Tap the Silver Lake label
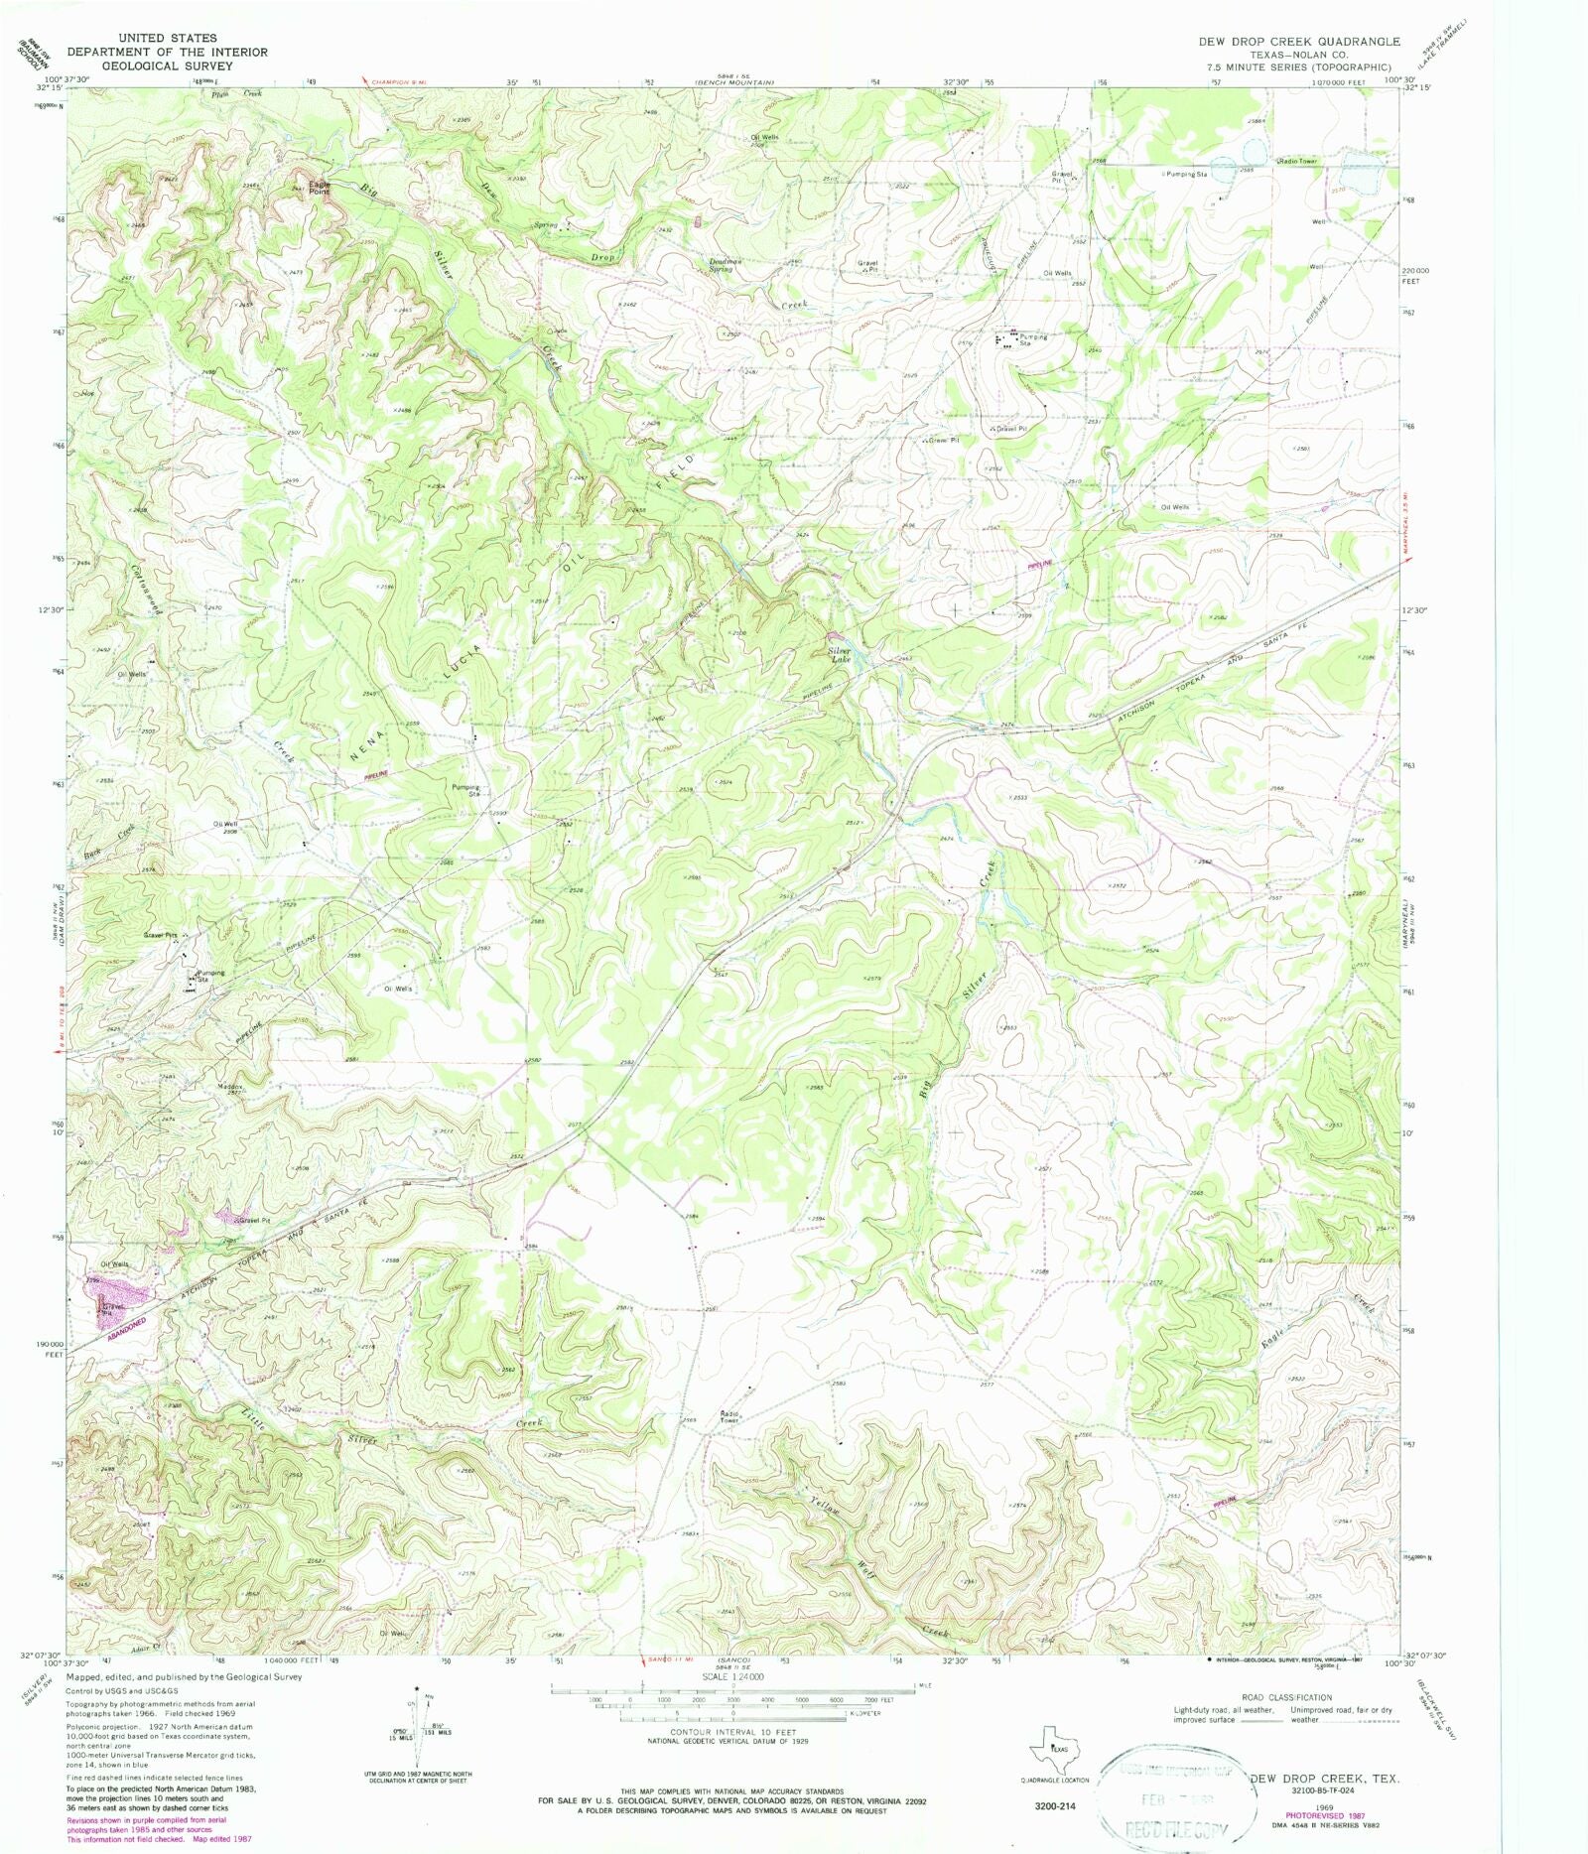coord(840,655)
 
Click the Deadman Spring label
coord(722,265)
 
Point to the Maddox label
coord(230,1087)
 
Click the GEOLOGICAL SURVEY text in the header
coord(167,66)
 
